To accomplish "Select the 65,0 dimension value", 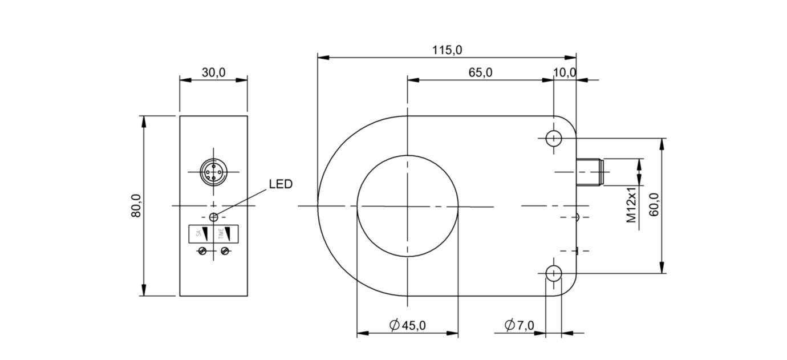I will click(480, 72).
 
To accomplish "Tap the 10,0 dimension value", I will click(565, 72).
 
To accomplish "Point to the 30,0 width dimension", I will click(213, 72).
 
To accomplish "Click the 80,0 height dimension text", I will click(135, 206).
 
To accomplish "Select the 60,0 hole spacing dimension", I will click(654, 206).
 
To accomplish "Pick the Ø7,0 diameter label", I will click(519, 325).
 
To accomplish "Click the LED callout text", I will click(280, 184).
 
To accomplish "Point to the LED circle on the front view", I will click(213, 217).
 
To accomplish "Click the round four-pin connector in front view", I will click(213, 172).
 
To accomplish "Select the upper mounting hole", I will click(553, 138).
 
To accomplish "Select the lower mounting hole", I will click(553, 274).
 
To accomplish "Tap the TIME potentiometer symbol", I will click(226, 233).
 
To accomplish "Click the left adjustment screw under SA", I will click(202, 251).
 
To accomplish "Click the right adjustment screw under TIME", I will click(225, 251).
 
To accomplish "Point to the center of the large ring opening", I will click(407, 206).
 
